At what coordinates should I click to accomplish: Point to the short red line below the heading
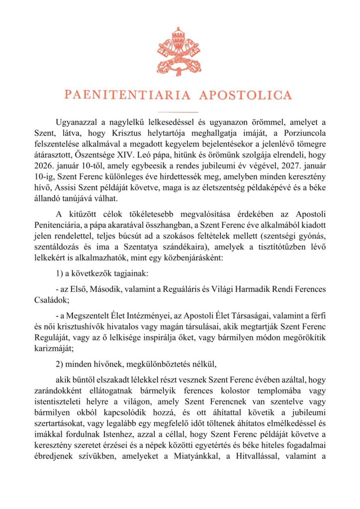click(180, 112)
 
